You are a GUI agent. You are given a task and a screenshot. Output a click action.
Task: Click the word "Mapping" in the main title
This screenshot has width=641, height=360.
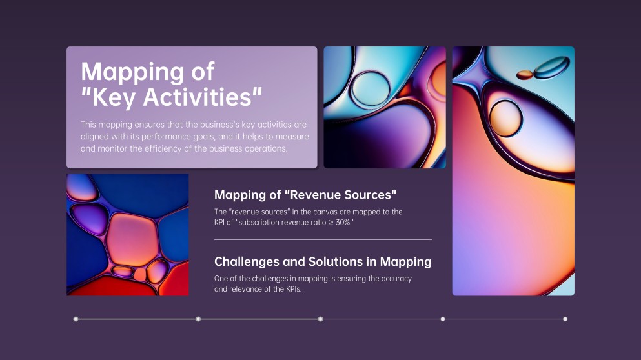click(x=132, y=72)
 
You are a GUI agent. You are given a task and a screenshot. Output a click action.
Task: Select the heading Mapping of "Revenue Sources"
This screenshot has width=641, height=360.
click(x=305, y=195)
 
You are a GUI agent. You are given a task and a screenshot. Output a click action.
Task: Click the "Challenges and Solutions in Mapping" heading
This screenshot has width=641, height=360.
click(x=323, y=261)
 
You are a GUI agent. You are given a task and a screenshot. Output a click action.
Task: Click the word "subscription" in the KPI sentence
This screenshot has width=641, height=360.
click(x=259, y=223)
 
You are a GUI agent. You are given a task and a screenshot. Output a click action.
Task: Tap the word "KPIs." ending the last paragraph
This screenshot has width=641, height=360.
click(x=294, y=289)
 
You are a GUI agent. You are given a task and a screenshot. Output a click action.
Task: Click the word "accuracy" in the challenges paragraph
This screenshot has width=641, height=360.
click(x=396, y=279)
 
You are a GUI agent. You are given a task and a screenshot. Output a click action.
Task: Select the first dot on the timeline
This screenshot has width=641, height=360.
click(x=76, y=319)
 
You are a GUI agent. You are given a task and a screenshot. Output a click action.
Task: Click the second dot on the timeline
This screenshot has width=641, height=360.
click(x=198, y=319)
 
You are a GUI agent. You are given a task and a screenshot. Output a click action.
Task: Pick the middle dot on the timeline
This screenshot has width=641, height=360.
click(x=320, y=319)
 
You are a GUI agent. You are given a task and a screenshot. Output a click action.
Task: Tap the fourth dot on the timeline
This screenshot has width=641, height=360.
click(x=443, y=319)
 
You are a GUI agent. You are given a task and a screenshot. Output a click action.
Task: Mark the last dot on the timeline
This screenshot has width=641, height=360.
click(x=565, y=319)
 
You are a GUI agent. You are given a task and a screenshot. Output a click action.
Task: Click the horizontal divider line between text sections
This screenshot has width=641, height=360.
click(x=323, y=239)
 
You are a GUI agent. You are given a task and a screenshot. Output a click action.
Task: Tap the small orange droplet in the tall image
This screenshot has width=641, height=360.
click(x=525, y=75)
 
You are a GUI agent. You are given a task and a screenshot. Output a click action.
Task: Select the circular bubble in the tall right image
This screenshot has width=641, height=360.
click(x=505, y=118)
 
